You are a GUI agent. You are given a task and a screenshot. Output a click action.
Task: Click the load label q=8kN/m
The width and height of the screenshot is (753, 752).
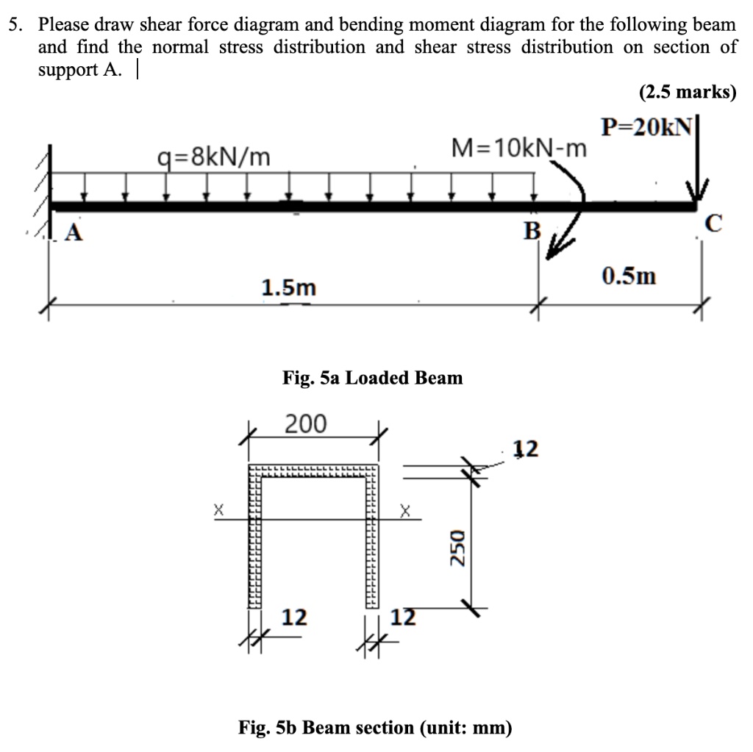coord(214,157)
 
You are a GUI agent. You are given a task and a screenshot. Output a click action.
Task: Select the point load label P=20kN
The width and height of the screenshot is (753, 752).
coord(646,126)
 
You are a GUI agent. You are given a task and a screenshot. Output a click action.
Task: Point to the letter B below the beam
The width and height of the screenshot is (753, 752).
coord(531,232)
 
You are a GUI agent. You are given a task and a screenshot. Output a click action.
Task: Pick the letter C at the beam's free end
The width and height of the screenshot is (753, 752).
coord(716,223)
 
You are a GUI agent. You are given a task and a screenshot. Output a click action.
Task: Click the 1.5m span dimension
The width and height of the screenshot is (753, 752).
coord(288,287)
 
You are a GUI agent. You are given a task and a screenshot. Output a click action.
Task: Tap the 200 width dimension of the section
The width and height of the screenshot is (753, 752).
coord(307,424)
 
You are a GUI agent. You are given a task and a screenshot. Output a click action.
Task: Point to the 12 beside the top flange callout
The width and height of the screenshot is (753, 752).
coord(527,448)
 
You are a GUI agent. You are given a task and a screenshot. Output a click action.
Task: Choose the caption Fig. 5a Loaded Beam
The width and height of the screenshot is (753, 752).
coord(373,378)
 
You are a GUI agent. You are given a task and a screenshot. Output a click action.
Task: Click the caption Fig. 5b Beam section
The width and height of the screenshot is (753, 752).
coord(375,728)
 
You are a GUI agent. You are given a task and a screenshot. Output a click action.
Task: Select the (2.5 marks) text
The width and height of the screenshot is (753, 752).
coord(687,93)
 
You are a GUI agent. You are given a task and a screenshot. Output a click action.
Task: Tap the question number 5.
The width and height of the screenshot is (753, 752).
coord(13,25)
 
